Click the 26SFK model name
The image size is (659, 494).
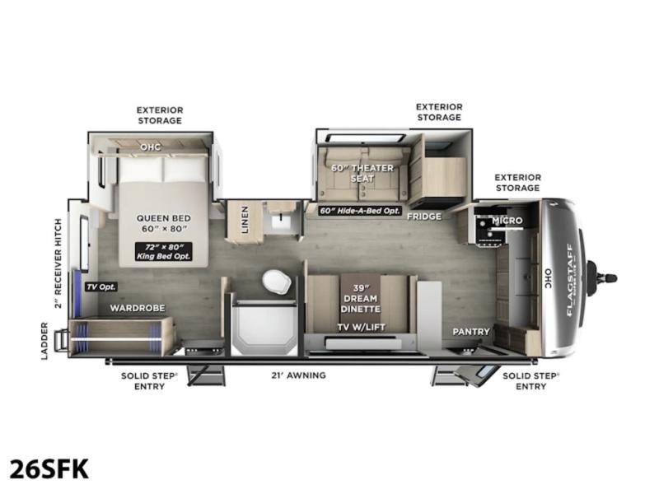pyautogui.click(x=49, y=469)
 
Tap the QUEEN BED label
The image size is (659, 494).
pyautogui.click(x=163, y=218)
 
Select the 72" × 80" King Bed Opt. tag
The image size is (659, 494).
pyautogui.click(x=163, y=251)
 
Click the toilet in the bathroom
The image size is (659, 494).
pyautogui.click(x=277, y=281)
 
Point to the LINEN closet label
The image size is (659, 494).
pyautogui.click(x=245, y=219)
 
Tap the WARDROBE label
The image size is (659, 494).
pyautogui.click(x=138, y=308)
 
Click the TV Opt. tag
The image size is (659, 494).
pyautogui.click(x=100, y=287)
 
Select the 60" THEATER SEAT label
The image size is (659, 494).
pyautogui.click(x=362, y=173)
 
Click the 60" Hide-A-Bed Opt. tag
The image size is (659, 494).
pyautogui.click(x=360, y=211)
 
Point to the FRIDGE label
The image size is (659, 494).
pyautogui.click(x=424, y=217)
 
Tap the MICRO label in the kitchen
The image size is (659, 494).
pyautogui.click(x=507, y=220)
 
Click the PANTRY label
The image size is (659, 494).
pyautogui.click(x=471, y=332)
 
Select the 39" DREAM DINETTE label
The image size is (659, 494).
pyautogui.click(x=361, y=298)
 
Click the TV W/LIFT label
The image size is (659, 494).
pyautogui.click(x=362, y=327)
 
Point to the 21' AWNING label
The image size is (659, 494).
pyautogui.click(x=298, y=375)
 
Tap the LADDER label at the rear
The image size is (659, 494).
pyautogui.click(x=44, y=341)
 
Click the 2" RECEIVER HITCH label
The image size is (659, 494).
pyautogui.click(x=58, y=263)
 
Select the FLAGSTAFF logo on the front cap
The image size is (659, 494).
pyautogui.click(x=569, y=280)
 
